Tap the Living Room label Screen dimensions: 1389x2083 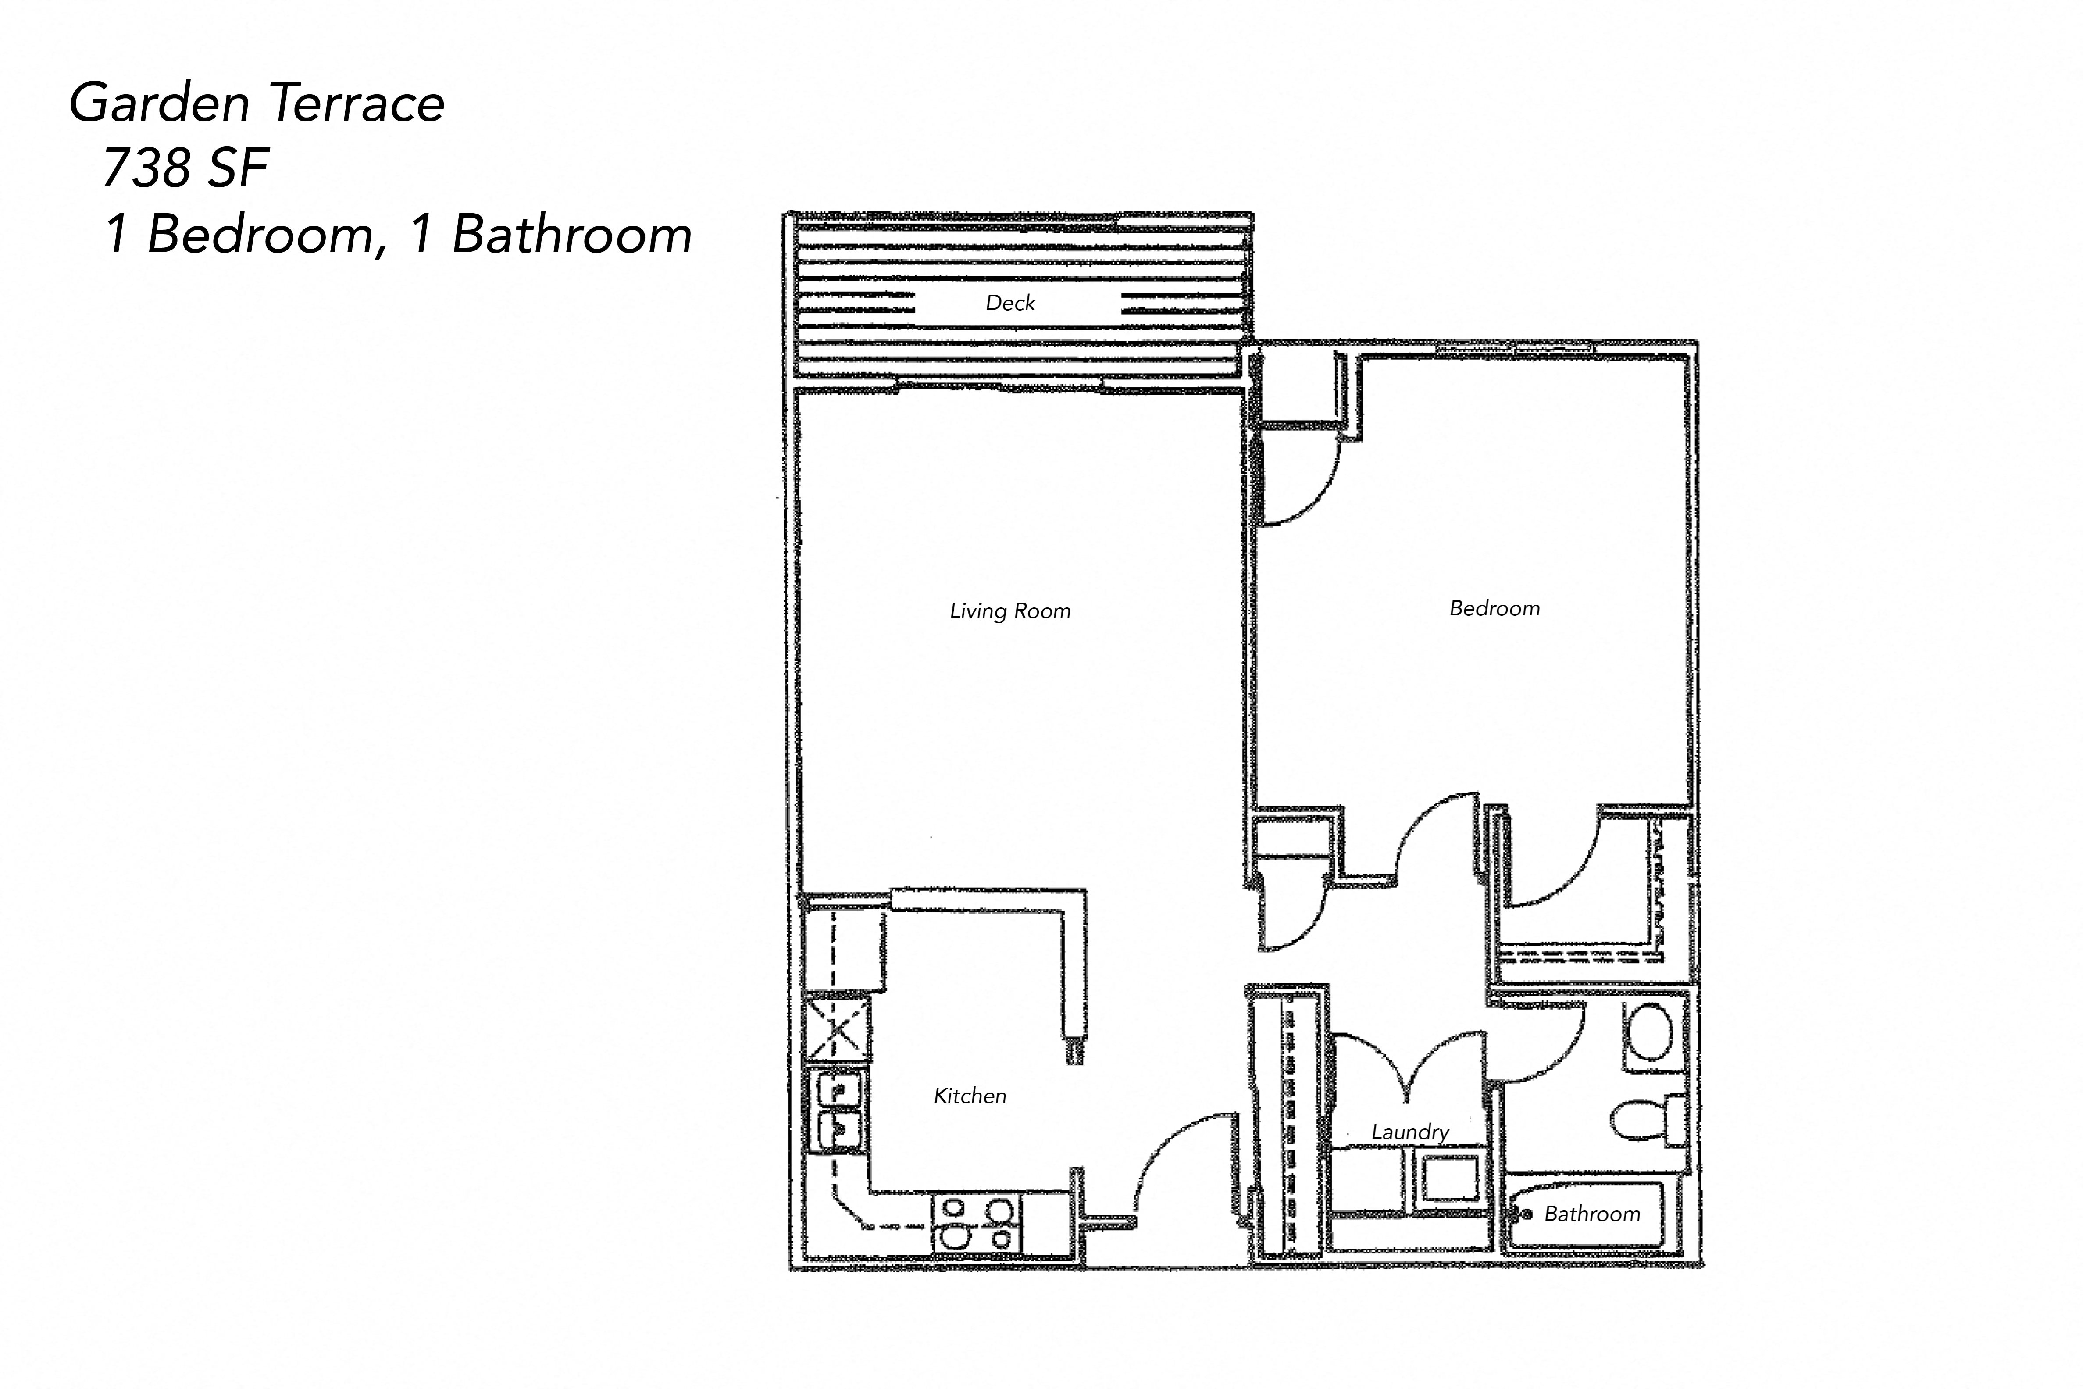point(1009,611)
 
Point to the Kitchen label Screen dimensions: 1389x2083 point(970,1096)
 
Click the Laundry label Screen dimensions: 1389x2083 point(1409,1132)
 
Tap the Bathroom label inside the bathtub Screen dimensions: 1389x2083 point(1591,1214)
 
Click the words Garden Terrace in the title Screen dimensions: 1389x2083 point(257,103)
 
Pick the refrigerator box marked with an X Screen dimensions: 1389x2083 point(836,1029)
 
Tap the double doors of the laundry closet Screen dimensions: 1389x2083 point(1408,1063)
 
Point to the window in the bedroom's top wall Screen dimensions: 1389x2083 point(1514,348)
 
